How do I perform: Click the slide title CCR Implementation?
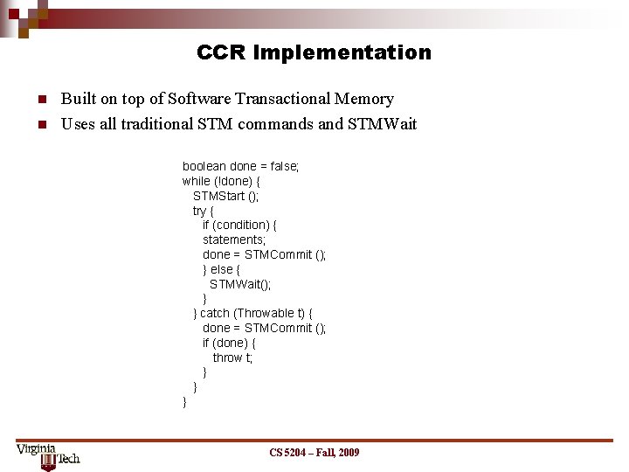tap(314, 52)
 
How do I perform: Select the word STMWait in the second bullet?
tap(382, 124)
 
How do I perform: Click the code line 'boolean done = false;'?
tap(240, 166)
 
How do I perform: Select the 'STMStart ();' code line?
tap(225, 196)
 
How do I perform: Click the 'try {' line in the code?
tap(203, 211)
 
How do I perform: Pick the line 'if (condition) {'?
tap(240, 225)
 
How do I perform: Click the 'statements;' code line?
tap(234, 239)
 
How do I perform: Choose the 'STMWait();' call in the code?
tap(240, 284)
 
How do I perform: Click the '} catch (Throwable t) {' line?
tap(252, 313)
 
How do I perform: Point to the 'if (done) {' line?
tap(229, 343)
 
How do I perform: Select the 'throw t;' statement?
tap(232, 357)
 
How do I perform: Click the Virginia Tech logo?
tap(48, 455)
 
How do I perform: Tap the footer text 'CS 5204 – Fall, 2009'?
tap(314, 452)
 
